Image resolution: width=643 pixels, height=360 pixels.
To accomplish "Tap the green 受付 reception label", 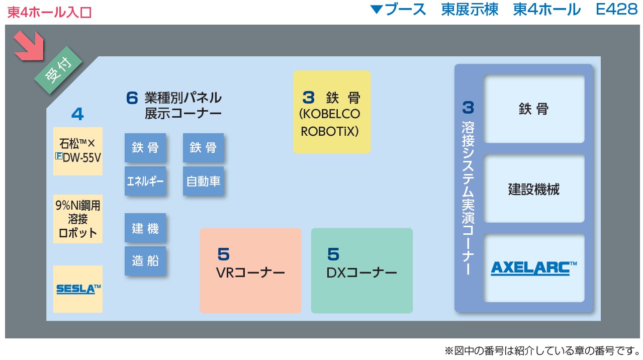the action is [58, 70].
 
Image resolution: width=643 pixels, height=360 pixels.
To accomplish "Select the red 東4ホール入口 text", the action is [49, 13].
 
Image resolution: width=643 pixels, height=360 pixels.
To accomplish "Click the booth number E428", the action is [616, 9].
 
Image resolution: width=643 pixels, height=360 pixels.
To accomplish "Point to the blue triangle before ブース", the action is [377, 10].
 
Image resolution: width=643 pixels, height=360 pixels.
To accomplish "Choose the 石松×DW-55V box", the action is [78, 151].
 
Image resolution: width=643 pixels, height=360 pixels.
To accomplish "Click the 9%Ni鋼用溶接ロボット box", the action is [78, 219].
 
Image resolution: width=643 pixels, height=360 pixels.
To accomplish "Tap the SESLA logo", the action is [78, 289].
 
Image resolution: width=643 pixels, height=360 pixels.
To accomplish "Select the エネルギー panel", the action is [145, 181].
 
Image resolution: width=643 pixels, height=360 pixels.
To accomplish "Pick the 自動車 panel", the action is [204, 181].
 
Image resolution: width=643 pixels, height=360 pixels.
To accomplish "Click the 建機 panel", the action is [145, 228].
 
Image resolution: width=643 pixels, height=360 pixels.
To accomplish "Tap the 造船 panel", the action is [145, 261].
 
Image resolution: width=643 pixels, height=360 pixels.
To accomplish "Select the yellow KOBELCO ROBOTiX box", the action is [332, 112].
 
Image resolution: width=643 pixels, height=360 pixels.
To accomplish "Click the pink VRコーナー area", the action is [250, 271].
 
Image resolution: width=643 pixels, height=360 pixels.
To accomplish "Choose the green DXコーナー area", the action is [362, 271].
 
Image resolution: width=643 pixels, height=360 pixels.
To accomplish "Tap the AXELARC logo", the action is [533, 268].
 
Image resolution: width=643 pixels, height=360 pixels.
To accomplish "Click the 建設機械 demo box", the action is [534, 189].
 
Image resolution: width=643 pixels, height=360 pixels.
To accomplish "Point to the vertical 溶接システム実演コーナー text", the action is [468, 198].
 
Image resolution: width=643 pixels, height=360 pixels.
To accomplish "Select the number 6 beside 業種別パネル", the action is [132, 98].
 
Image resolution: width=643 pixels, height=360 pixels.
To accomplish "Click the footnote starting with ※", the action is [542, 350].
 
